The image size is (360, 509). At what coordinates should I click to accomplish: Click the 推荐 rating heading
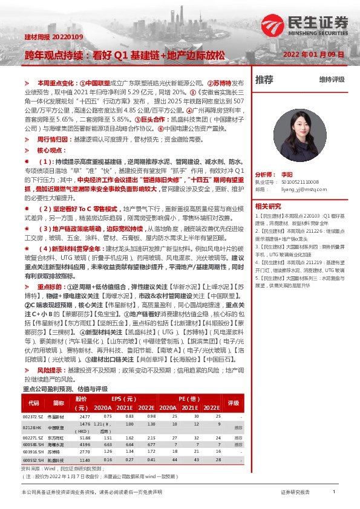click(x=264, y=79)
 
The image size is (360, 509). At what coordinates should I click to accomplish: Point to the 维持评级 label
click(x=332, y=79)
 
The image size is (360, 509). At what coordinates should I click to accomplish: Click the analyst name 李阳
click(x=286, y=173)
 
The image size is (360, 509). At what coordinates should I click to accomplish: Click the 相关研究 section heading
click(x=269, y=206)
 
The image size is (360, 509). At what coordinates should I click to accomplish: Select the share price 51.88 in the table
click(x=84, y=438)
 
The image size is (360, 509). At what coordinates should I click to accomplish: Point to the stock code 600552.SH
click(x=33, y=459)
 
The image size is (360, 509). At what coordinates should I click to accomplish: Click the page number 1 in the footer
click(x=333, y=491)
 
